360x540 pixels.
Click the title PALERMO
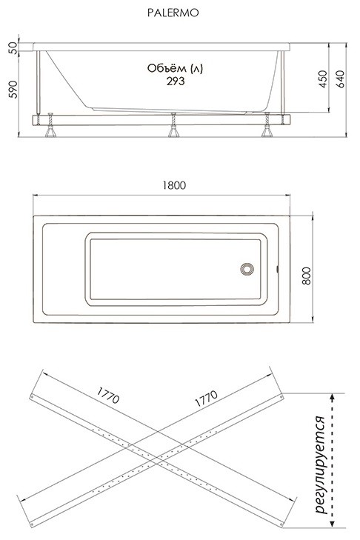pyautogui.click(x=173, y=13)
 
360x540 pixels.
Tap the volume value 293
pyautogui.click(x=176, y=81)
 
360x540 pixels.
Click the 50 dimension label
pyautogui.click(x=13, y=47)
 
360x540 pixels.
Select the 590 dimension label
pyautogui.click(x=13, y=89)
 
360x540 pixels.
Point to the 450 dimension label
pyautogui.click(x=323, y=79)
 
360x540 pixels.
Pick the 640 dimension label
pyautogui.click(x=340, y=79)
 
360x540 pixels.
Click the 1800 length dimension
pyautogui.click(x=174, y=185)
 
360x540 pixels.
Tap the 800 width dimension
pyautogui.click(x=306, y=276)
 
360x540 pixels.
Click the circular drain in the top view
pyautogui.click(x=247, y=269)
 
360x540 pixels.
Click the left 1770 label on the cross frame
pyautogui.click(x=108, y=395)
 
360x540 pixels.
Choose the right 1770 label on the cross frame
pyautogui.click(x=207, y=399)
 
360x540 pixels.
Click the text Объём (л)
pyautogui.click(x=175, y=68)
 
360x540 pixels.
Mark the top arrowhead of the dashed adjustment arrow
pyautogui.click(x=332, y=397)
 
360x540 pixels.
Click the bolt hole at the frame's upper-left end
pyautogui.click(x=32, y=397)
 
